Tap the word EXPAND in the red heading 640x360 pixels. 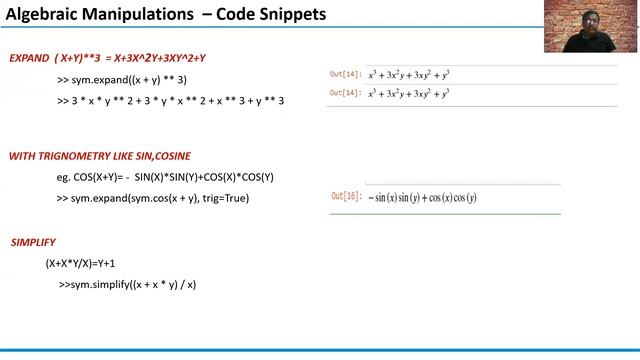[x=28, y=58]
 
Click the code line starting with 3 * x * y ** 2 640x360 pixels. [x=171, y=100]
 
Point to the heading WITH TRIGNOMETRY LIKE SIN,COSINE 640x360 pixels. [x=100, y=156]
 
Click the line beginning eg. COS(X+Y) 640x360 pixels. [x=165, y=177]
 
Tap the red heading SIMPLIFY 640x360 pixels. [x=33, y=243]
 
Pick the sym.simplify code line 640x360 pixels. [x=128, y=285]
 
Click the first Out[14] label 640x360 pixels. [x=346, y=74]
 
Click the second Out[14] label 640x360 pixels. [x=346, y=93]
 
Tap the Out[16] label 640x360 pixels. [x=346, y=196]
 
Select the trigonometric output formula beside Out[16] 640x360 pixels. [x=422, y=197]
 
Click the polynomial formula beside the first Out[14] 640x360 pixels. [x=409, y=74]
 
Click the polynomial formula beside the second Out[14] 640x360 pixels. [x=409, y=93]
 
